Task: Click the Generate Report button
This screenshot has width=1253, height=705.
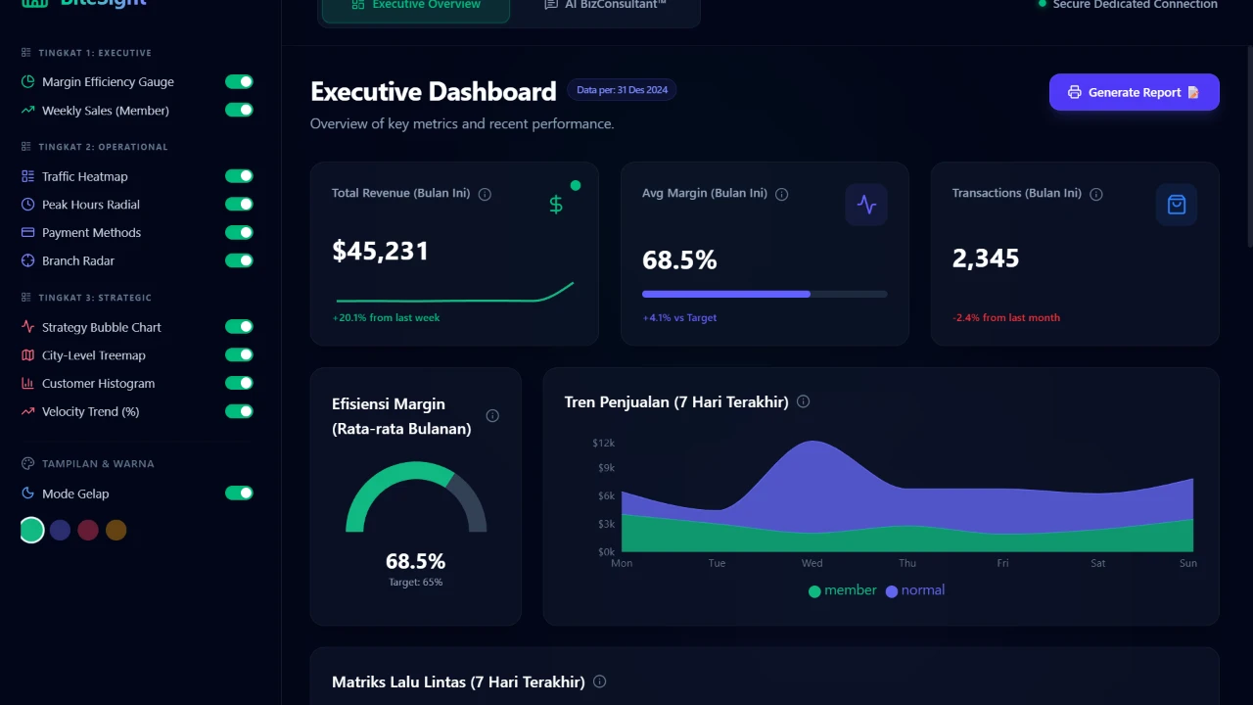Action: (x=1134, y=92)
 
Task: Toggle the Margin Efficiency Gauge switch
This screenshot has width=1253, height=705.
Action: (x=239, y=82)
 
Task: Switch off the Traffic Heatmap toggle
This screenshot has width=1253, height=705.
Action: (x=239, y=176)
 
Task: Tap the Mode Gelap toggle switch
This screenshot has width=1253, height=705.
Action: (x=239, y=493)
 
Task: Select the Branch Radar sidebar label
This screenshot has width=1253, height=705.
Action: (x=78, y=261)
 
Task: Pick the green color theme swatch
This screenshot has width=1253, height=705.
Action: (x=32, y=530)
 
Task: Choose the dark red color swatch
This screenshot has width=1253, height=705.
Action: (x=88, y=530)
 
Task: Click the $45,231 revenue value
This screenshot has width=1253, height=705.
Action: (x=381, y=252)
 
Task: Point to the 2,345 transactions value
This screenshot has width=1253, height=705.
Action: (x=986, y=258)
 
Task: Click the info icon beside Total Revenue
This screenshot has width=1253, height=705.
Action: (x=485, y=194)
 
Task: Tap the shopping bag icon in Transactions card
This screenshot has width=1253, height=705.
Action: (x=1177, y=205)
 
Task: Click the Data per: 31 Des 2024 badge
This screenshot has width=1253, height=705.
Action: (x=622, y=90)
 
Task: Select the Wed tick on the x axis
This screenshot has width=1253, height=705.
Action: (x=812, y=563)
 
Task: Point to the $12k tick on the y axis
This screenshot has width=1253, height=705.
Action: (x=603, y=444)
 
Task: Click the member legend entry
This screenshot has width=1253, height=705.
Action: (x=843, y=590)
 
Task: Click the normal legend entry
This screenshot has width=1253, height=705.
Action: (x=915, y=590)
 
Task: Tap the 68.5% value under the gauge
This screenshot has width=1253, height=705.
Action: (x=415, y=561)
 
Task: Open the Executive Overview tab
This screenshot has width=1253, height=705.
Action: (x=416, y=5)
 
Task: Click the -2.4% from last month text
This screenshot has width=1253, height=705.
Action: (x=1005, y=317)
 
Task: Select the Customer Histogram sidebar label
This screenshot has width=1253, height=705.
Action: (x=98, y=384)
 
